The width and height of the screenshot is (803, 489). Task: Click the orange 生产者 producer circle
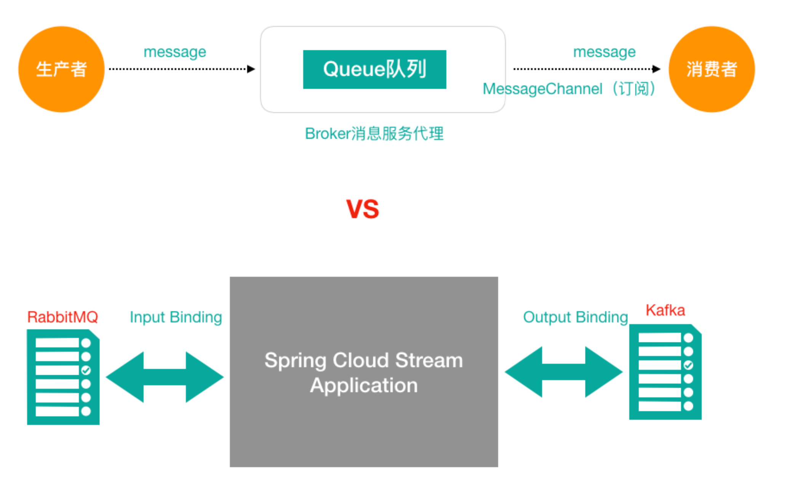[61, 69]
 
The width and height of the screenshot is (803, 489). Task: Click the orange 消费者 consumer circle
[711, 69]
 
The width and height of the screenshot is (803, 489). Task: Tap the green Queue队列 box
[374, 69]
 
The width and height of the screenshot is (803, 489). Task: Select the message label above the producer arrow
[175, 52]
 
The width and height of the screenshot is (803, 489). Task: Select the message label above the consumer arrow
[604, 52]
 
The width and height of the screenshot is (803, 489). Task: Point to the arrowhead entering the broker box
[251, 69]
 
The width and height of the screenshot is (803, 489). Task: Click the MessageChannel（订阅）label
[569, 89]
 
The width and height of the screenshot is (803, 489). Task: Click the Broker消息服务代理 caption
[374, 134]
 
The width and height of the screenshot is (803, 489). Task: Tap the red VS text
[362, 209]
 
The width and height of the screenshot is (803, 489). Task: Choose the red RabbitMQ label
[63, 317]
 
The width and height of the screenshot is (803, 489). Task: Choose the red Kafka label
[665, 310]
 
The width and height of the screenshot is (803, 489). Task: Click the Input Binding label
[176, 317]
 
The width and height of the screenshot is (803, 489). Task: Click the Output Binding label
[575, 317]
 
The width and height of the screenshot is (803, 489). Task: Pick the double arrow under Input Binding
[165, 377]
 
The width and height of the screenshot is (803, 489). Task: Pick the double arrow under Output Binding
[563, 372]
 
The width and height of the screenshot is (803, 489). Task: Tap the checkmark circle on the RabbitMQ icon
[86, 370]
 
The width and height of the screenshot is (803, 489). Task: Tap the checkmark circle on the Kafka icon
[688, 365]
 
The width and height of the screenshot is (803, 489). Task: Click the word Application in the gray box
[364, 385]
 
